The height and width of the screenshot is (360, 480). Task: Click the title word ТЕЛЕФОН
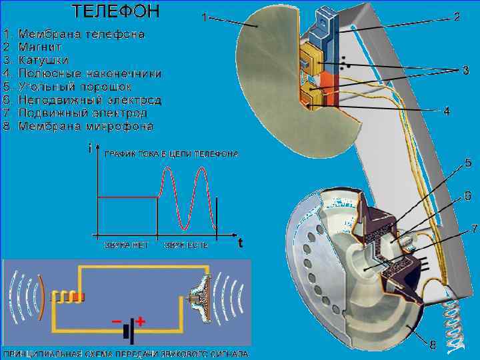pos(116,11)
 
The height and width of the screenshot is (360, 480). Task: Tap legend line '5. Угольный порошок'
pos(67,87)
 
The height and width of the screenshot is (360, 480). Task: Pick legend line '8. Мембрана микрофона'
pos(78,125)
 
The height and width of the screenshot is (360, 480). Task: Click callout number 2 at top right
pos(457,16)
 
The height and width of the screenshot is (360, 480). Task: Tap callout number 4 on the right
pos(447,111)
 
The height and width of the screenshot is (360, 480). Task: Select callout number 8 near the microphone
pos(433,345)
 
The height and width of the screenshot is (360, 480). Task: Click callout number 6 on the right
pos(467,197)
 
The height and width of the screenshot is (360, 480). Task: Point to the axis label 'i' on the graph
pos(90,149)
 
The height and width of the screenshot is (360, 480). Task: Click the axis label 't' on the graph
pos(240,243)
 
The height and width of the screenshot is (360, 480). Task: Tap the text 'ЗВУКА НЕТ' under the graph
pos(126,245)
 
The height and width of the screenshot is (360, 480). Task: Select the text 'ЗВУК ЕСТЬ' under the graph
pos(187,245)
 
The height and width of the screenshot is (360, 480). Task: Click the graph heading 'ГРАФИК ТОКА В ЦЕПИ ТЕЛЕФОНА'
pos(171,154)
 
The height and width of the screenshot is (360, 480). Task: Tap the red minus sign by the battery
pos(117,322)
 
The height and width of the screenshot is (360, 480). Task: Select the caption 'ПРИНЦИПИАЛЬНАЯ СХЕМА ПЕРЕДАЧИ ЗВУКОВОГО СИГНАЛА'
pos(127,354)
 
